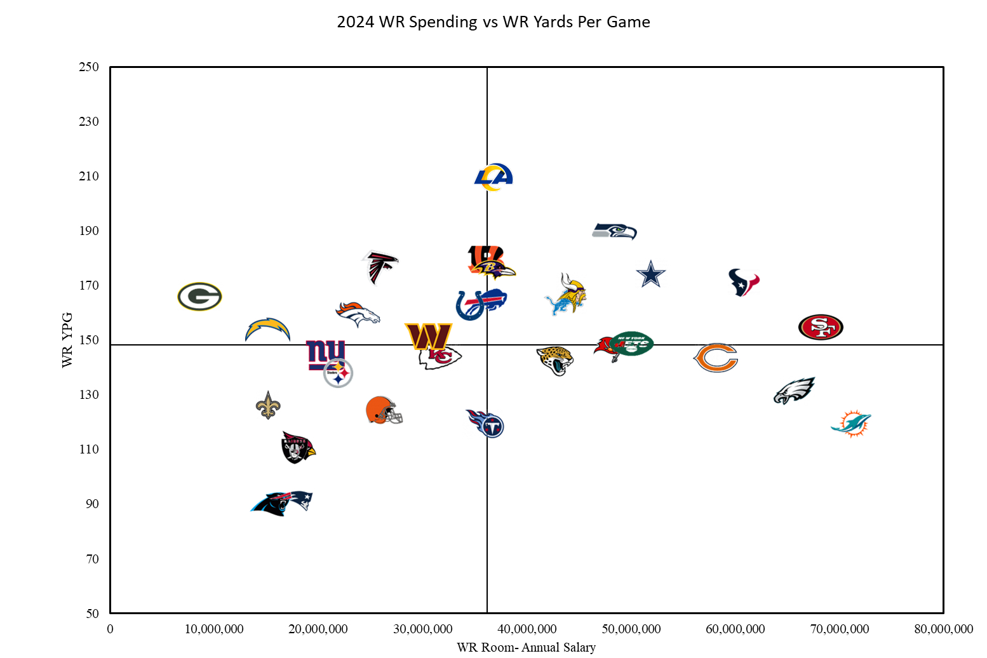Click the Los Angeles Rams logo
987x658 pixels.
point(493,177)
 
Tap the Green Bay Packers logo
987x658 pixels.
point(199,297)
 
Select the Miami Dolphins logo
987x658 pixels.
point(851,424)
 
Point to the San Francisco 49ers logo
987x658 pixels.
point(820,327)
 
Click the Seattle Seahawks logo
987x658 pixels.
point(614,231)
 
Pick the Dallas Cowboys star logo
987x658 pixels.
point(650,274)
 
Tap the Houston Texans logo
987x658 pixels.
point(744,282)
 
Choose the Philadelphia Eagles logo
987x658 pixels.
point(794,391)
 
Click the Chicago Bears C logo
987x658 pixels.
point(716,358)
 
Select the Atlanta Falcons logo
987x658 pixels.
point(380,267)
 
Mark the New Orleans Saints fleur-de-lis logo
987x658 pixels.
point(268,405)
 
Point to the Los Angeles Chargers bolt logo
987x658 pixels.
point(267,330)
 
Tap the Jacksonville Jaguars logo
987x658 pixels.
point(555,360)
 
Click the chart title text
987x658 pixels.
point(493,22)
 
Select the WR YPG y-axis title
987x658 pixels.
point(67,340)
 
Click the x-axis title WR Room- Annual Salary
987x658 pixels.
point(526,647)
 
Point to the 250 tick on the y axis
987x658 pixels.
point(89,67)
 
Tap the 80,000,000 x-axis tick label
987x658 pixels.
point(943,629)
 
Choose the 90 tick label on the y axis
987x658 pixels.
point(92,504)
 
